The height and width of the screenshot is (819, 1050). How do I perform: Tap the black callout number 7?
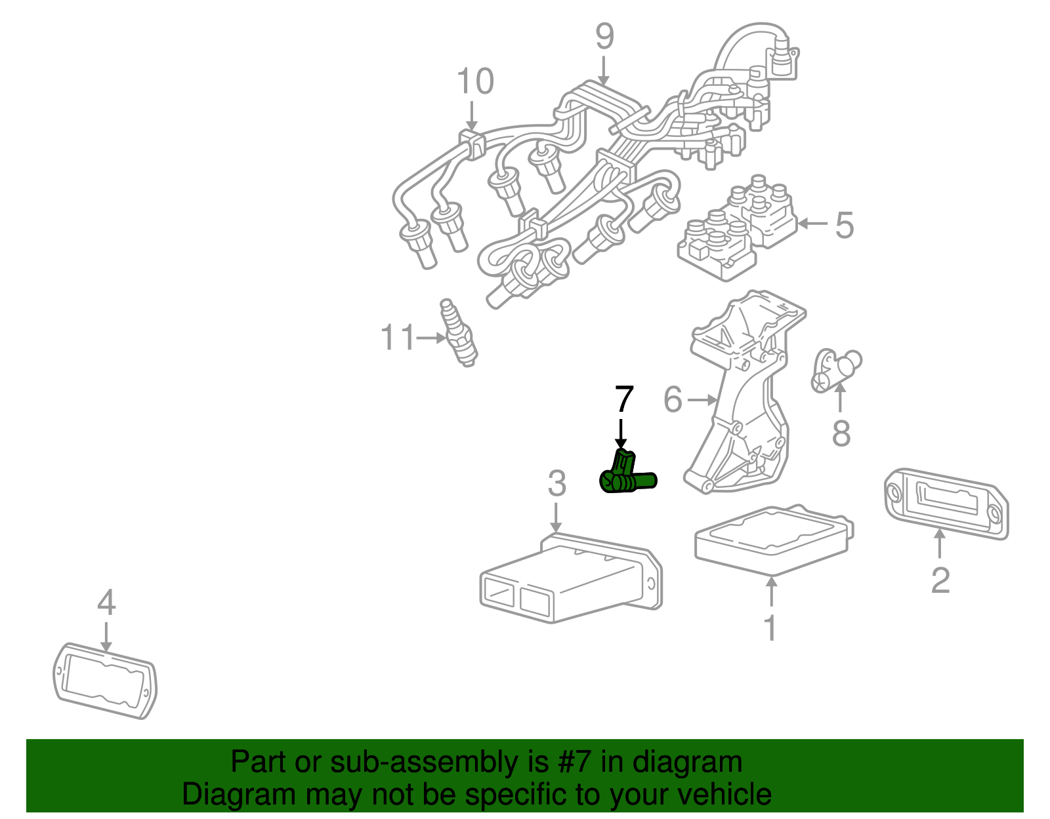tap(623, 399)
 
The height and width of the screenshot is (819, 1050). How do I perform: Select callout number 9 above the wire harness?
tap(604, 37)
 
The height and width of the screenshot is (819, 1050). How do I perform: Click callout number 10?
tap(474, 82)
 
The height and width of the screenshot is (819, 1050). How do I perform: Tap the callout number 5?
tap(844, 225)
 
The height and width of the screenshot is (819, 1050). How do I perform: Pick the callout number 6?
tap(673, 399)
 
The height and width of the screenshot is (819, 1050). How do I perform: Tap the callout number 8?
tap(841, 433)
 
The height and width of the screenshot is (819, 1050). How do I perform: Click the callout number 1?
tap(770, 628)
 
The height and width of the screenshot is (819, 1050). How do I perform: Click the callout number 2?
tap(940, 580)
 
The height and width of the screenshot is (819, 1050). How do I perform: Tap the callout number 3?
tap(556, 484)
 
